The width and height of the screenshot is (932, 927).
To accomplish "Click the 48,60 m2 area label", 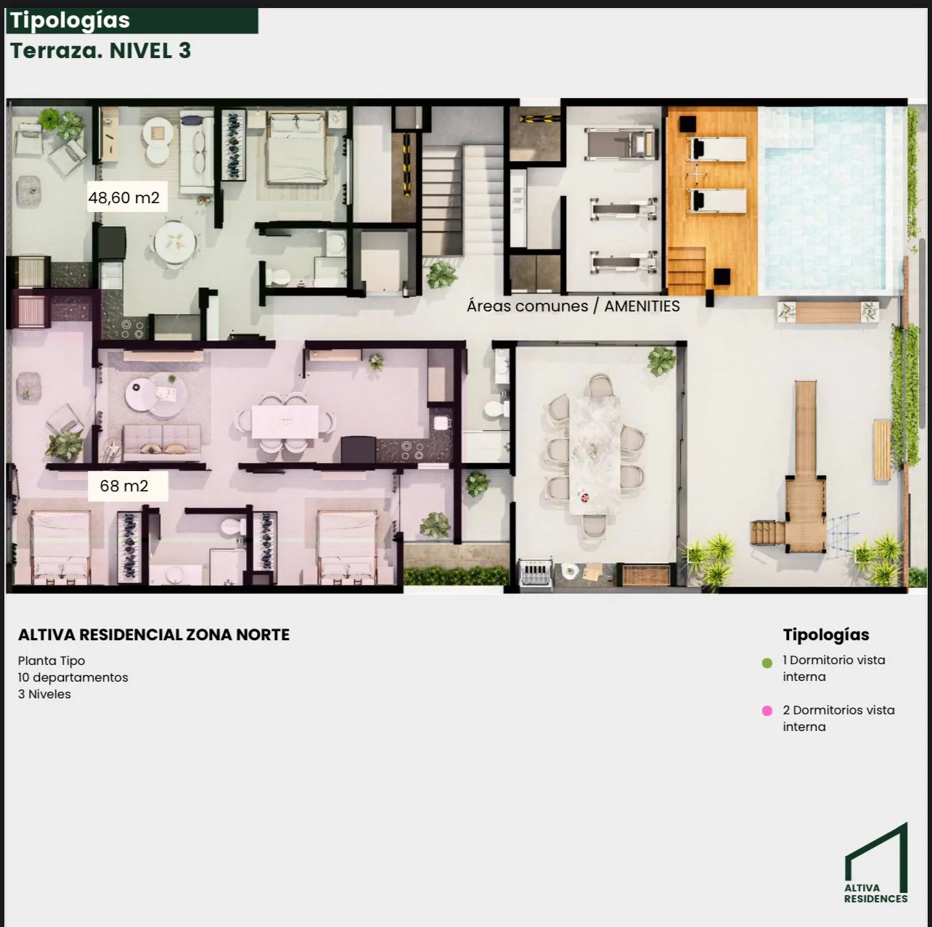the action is pos(124,197).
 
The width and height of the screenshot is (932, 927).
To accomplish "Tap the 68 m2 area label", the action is pos(124,486).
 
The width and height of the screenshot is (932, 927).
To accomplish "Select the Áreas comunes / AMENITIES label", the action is pos(573,306).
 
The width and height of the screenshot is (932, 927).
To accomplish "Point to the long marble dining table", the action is pos(595,455).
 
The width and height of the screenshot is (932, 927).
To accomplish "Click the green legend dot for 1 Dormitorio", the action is pos(767,663).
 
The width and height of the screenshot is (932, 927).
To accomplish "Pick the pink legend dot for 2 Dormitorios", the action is pos(767,711).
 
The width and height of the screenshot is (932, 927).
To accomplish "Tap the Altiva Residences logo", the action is pos(876,863).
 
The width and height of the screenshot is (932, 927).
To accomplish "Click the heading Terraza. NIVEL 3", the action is pos(101,51).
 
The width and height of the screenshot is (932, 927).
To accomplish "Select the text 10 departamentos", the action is pos(73,677).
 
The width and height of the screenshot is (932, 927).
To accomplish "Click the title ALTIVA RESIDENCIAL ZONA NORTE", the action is pos(154,634).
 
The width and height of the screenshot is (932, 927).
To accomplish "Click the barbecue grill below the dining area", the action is pos(536,574).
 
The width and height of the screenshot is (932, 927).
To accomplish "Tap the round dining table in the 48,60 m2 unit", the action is pos(175,242).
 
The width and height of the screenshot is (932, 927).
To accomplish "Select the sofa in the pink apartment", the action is pos(162,442).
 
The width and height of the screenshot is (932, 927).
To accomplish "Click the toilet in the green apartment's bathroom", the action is pos(278,277).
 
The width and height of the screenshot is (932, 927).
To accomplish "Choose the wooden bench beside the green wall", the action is pos(882,449).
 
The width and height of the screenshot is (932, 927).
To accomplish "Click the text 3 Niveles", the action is pos(44,694).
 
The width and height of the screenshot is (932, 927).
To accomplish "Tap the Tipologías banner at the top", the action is pos(132,21).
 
